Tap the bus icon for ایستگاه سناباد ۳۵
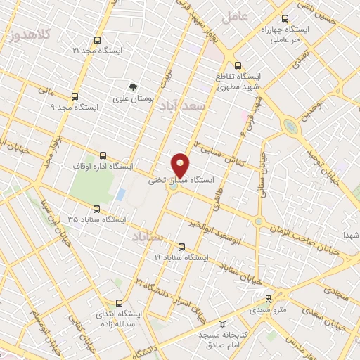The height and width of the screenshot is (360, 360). pos(96,209)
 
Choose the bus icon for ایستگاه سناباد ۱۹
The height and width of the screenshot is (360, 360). pos(182,247)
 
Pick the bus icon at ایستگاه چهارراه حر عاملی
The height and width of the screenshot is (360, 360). pos(284,20)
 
